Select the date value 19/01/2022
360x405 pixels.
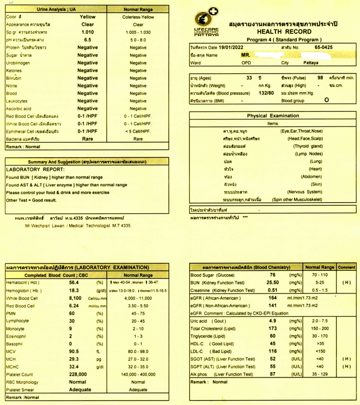coord(233,47)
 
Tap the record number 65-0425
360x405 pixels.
coord(324,47)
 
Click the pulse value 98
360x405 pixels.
coord(320,78)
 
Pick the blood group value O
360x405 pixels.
coord(327,100)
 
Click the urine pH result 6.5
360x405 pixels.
coord(88,40)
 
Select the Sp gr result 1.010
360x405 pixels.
coord(88,32)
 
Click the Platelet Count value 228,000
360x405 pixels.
coord(74,375)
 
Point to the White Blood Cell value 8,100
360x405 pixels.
coord(74,298)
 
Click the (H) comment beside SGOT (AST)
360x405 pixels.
coord(346,359)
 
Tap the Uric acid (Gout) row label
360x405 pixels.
coord(208,321)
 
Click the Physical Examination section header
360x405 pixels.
coord(272,116)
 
